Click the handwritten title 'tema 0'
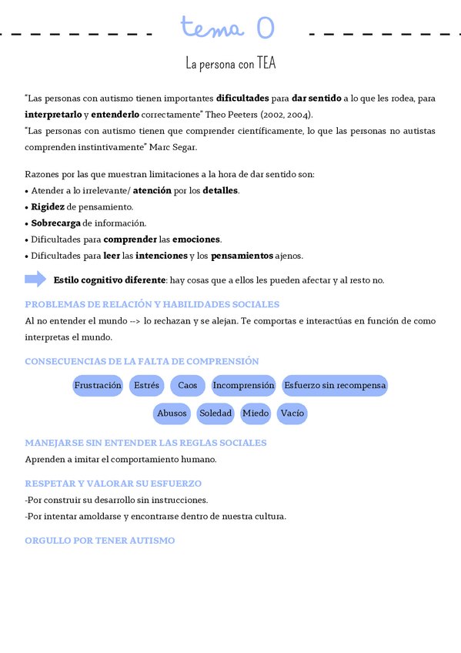[x=228, y=29]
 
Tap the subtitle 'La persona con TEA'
[x=230, y=64]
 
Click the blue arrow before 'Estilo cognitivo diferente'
[x=35, y=279]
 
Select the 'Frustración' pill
[x=98, y=385]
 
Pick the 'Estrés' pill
[x=146, y=385]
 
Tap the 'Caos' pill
[x=188, y=385]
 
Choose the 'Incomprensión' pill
[x=243, y=385]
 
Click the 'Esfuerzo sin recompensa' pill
[x=334, y=385]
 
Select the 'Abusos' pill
[x=172, y=414]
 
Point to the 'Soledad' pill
[x=215, y=414]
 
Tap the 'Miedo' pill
[x=256, y=414]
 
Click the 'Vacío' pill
[x=292, y=414]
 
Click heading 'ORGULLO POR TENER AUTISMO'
[x=100, y=541]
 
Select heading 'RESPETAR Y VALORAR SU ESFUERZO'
[x=113, y=484]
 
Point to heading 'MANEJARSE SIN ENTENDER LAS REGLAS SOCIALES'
[x=145, y=443]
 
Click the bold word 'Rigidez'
[x=48, y=206]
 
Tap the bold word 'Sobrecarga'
[x=55, y=223]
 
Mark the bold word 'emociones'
[x=196, y=239]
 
